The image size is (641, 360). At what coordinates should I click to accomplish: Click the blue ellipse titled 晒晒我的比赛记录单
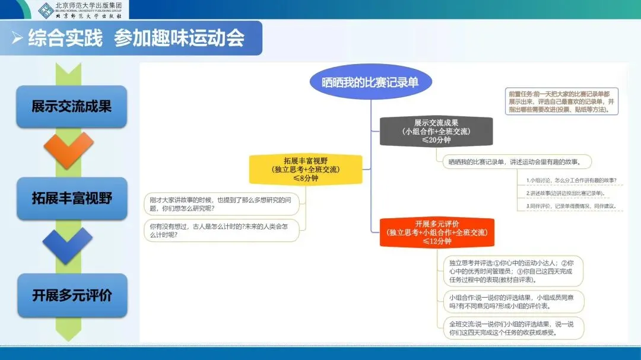coord(370,82)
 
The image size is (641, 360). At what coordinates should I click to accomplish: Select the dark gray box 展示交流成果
coord(436,131)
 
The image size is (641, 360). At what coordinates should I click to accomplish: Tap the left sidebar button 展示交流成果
coord(72,107)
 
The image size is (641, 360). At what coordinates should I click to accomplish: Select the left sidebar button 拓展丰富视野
coord(72,198)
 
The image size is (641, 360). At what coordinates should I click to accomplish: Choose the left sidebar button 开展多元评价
coord(72,295)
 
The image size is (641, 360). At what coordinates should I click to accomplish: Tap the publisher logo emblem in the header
coord(45,9)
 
